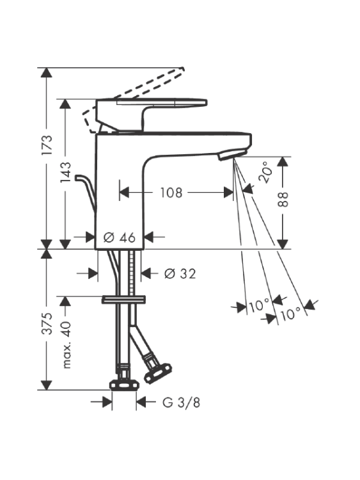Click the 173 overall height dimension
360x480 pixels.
coord(47,145)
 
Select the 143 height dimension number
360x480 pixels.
coord(65,172)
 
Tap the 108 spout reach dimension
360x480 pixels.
coord(171,193)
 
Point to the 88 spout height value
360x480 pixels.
coord(283,199)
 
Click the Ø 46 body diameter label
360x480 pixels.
coord(120,237)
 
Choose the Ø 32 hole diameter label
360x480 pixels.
coord(180,273)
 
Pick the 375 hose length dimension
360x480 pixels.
coord(47,324)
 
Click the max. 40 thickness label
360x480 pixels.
coord(67,345)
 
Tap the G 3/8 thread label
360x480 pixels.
coord(181,403)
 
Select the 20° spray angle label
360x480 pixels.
coord(265,172)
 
